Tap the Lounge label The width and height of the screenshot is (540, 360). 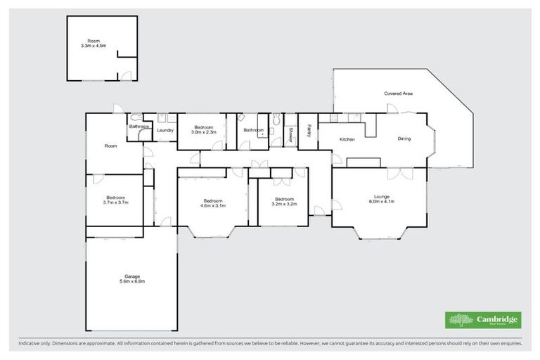(x=382, y=197)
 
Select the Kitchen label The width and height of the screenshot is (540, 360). (x=347, y=139)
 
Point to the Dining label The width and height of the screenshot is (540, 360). (x=404, y=139)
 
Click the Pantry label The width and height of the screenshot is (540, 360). (x=309, y=131)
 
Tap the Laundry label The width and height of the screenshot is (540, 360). (x=165, y=130)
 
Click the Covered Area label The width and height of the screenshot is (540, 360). (x=397, y=94)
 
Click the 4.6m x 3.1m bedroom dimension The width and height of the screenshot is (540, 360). (x=212, y=205)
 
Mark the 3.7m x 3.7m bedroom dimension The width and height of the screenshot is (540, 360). (x=115, y=202)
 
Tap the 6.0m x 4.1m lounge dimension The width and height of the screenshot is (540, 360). (x=382, y=202)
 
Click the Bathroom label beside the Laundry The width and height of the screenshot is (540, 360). (x=139, y=127)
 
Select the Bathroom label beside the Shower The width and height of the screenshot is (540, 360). (x=254, y=130)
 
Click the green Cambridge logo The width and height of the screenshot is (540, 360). (x=483, y=320)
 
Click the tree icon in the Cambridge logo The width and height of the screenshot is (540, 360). (x=458, y=320)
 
